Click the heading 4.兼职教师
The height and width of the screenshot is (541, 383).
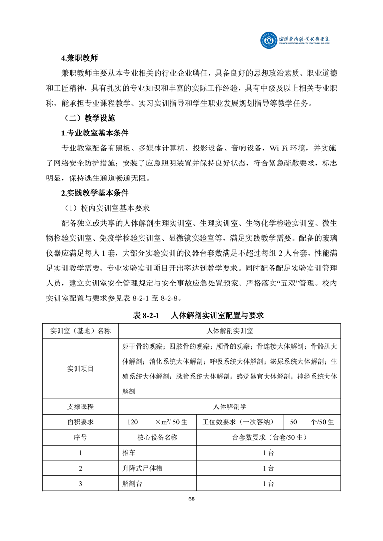(79, 58)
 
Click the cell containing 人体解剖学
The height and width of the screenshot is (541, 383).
(230, 406)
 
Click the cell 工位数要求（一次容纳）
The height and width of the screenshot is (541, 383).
(240, 422)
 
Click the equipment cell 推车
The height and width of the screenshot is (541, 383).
(129, 453)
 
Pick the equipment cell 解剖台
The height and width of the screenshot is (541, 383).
(133, 484)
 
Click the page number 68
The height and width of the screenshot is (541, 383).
(192, 500)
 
